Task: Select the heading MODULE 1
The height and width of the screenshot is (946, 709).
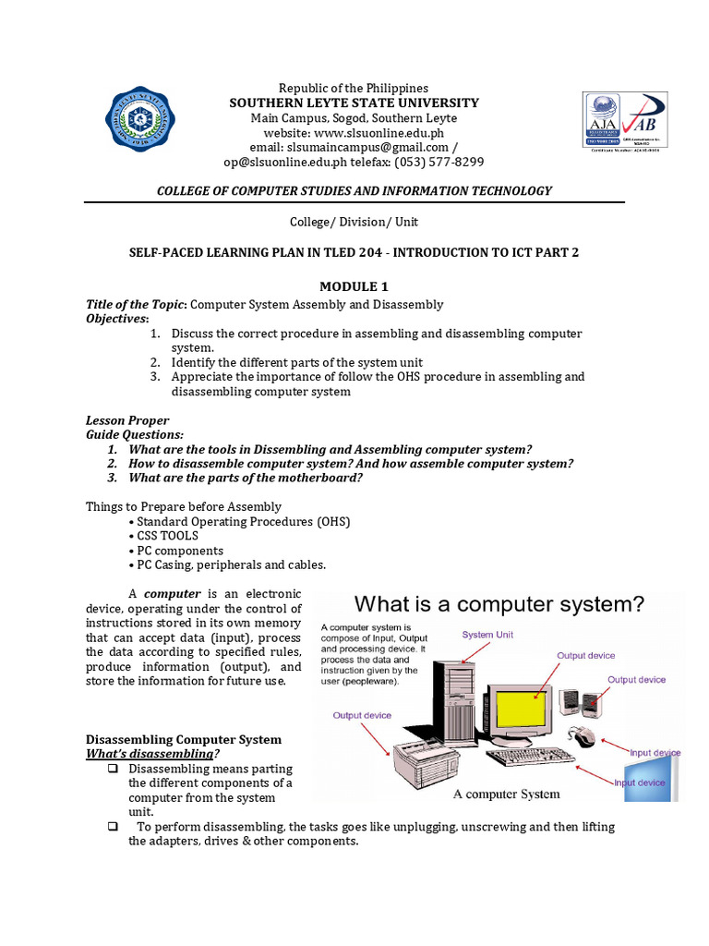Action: [354, 286]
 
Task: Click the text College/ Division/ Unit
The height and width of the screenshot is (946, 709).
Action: [354, 222]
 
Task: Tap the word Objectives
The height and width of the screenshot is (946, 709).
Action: [116, 318]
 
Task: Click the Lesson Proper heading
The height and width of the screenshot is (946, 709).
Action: [127, 420]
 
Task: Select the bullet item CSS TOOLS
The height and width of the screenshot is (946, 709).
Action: [167, 536]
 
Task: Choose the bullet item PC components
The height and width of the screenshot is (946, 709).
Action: [179, 551]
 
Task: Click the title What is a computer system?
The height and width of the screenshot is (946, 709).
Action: [499, 605]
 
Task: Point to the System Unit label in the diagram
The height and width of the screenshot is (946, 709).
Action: [487, 635]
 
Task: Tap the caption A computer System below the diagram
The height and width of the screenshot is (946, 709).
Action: [506, 794]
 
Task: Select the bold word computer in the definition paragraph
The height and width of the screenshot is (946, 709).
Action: [172, 593]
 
